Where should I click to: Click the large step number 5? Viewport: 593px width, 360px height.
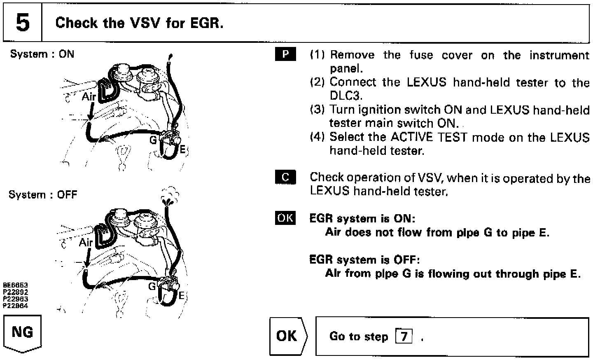[22, 23]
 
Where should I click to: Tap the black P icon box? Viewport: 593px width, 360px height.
[285, 55]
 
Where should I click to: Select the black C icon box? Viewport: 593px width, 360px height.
[285, 177]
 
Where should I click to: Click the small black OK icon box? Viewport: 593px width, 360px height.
[285, 218]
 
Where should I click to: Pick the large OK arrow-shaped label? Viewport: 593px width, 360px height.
[287, 336]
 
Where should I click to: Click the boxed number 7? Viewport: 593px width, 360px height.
[404, 337]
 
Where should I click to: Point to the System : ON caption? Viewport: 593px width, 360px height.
[42, 54]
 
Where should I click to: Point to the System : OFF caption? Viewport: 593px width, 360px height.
[43, 194]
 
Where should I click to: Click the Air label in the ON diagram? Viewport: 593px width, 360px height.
[89, 96]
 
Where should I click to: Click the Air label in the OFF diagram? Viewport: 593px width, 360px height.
[86, 242]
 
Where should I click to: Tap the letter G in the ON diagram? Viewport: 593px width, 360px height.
[153, 140]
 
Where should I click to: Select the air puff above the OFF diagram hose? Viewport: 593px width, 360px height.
[170, 196]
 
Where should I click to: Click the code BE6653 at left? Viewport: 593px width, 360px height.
[16, 285]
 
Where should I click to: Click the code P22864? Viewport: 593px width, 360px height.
[16, 306]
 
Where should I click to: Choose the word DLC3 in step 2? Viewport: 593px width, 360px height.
[346, 96]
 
